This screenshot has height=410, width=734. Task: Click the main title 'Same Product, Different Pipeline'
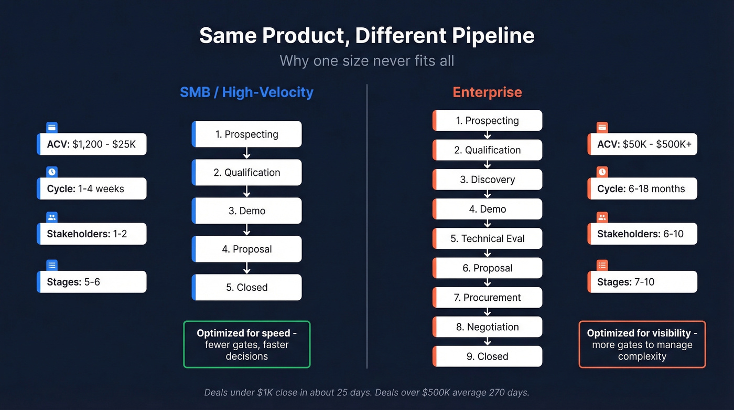(x=366, y=36)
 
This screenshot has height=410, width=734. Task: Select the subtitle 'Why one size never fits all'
(x=366, y=60)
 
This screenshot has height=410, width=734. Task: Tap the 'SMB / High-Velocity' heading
(x=246, y=92)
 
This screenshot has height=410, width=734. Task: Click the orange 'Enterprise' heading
(x=487, y=92)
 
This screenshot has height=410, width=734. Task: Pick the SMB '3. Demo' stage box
(x=247, y=211)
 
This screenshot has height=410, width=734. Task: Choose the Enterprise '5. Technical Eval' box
(x=487, y=238)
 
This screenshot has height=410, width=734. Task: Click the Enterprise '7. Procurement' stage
(x=487, y=297)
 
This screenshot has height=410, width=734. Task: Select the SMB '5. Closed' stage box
(x=247, y=287)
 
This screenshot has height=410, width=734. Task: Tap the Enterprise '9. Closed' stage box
(x=487, y=356)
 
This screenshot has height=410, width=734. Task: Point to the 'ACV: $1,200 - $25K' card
(x=92, y=144)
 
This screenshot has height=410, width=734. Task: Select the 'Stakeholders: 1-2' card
(x=92, y=234)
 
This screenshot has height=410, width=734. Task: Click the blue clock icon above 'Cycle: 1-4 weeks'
(x=52, y=172)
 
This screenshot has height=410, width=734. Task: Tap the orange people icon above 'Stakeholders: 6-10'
(x=602, y=217)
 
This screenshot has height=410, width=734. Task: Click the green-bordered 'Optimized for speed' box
(x=247, y=344)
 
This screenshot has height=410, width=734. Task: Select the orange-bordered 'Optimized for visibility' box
(x=642, y=344)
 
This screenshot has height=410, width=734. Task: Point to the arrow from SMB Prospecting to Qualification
(x=247, y=153)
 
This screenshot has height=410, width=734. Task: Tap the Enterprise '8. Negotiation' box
(x=487, y=327)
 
